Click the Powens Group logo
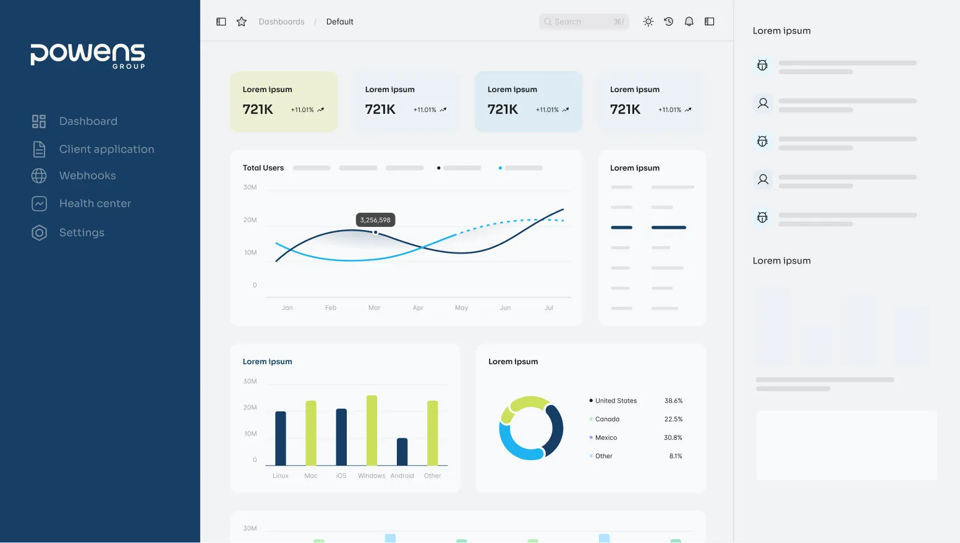[x=88, y=55]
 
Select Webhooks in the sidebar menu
[x=87, y=176]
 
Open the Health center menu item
[x=95, y=203]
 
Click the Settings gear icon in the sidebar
[x=39, y=233]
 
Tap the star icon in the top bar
[x=242, y=22]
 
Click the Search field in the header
[x=583, y=22]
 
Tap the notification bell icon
[x=689, y=22]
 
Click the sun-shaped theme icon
[x=648, y=22]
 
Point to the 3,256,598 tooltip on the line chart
[x=375, y=220]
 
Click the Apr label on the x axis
[x=418, y=307]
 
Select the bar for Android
[x=402, y=451]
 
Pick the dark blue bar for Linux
[x=281, y=438]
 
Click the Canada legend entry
[x=607, y=419]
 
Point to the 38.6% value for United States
[x=673, y=401]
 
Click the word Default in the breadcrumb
[x=339, y=22]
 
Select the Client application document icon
[x=39, y=149]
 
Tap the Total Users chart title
[x=263, y=168]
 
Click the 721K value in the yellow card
[x=258, y=109]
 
